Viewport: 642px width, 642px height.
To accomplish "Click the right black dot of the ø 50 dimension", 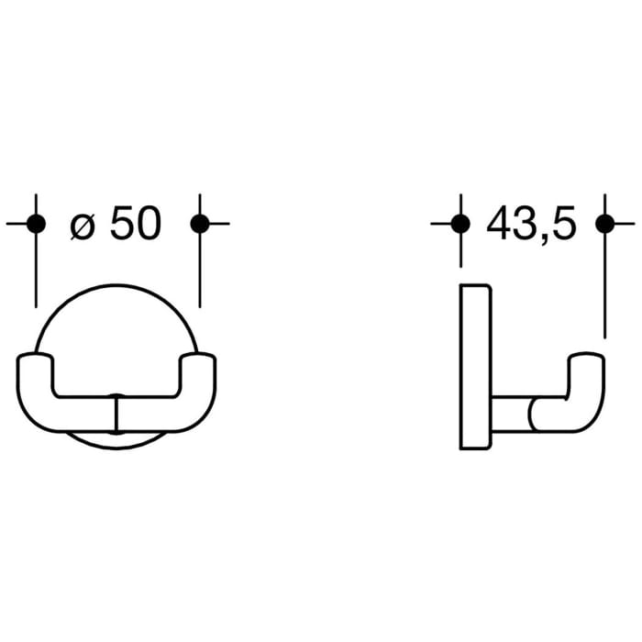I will (199, 223).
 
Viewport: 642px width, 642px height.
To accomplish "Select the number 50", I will (136, 224).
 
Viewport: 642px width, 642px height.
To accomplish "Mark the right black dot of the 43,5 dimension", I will (603, 223).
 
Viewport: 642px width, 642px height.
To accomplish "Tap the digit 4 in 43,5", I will (500, 224).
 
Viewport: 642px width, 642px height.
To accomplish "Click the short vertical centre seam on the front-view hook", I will (116, 414).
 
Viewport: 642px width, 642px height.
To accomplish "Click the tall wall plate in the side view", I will (476, 367).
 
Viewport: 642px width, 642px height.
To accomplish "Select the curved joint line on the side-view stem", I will (531, 415).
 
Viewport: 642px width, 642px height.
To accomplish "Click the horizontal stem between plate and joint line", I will (510, 415).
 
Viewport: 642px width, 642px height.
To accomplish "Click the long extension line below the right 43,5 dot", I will (603, 284).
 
